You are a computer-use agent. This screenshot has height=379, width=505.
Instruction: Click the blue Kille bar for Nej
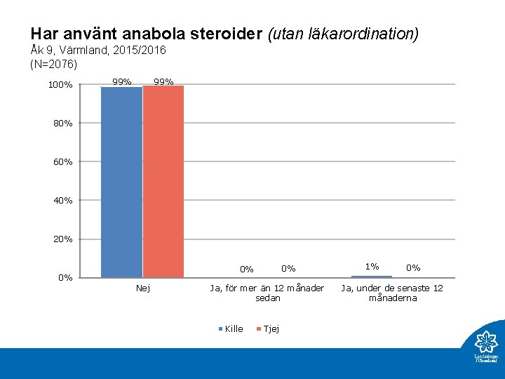(x=121, y=182)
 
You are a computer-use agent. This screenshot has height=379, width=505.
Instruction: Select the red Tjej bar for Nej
(x=163, y=182)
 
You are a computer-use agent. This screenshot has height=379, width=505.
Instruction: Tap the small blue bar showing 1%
(x=372, y=277)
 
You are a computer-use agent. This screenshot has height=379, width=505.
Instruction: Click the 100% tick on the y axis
(x=60, y=86)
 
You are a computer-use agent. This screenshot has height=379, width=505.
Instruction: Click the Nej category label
(x=142, y=288)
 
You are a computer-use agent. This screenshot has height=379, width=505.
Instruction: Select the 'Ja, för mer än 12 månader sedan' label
(x=267, y=293)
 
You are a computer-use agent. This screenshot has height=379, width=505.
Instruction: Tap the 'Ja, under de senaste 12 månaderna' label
(x=392, y=293)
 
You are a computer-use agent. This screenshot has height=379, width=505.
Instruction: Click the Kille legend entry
(x=234, y=328)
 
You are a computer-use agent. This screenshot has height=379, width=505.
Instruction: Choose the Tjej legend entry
(x=270, y=328)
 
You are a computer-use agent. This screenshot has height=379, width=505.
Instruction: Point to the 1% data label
(x=372, y=266)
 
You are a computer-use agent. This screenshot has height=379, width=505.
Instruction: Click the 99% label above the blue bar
(x=122, y=82)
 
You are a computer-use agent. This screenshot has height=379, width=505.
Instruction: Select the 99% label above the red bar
(x=163, y=82)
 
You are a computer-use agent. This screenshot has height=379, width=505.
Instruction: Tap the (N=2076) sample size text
(x=53, y=65)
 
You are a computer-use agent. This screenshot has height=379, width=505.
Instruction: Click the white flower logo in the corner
(x=485, y=342)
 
